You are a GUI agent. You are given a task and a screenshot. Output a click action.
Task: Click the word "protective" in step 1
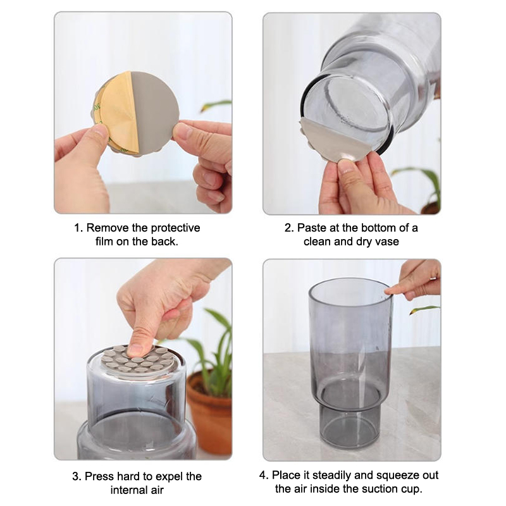pyautogui.click(x=176, y=228)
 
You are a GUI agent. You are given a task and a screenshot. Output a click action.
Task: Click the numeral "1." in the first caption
pyautogui.click(x=78, y=228)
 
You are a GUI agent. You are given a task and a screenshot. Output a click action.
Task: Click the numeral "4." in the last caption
pyautogui.click(x=264, y=476)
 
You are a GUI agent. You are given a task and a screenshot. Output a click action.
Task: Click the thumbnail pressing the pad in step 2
pyautogui.click(x=346, y=166)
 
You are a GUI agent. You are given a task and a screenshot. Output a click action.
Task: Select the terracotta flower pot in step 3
pyautogui.click(x=209, y=412)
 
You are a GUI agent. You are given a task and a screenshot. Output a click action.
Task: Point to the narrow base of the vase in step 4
pyautogui.click(x=350, y=428)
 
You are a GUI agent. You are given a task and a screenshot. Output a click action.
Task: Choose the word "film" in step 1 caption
pyautogui.click(x=104, y=242)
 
